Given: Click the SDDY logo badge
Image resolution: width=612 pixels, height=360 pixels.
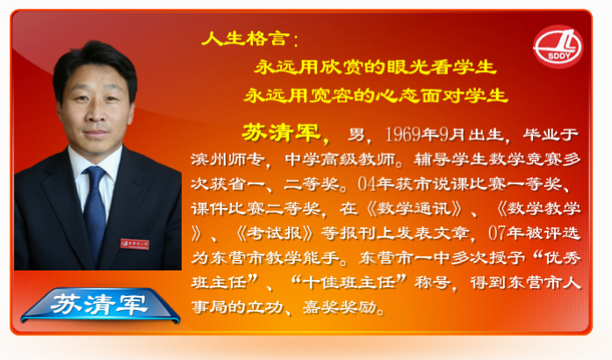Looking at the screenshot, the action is click(x=558, y=47).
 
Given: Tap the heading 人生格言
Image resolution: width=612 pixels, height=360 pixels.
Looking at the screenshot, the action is click(x=246, y=39).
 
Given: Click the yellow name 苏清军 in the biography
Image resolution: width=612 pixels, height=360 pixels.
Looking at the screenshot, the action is click(x=281, y=132).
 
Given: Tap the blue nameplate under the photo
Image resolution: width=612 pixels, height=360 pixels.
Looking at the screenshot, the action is click(x=100, y=305).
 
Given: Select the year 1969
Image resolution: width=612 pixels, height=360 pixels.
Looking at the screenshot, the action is click(x=402, y=134).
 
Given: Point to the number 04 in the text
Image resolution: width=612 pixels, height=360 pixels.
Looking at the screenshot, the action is click(x=367, y=184).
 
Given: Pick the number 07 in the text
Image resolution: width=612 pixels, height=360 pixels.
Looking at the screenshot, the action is click(x=497, y=233).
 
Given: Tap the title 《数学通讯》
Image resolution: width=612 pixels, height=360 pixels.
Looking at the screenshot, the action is click(x=414, y=208).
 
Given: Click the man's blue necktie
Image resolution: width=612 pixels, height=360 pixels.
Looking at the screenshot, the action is click(x=94, y=211).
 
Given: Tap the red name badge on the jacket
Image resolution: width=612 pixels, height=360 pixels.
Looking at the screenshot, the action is click(x=134, y=244).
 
